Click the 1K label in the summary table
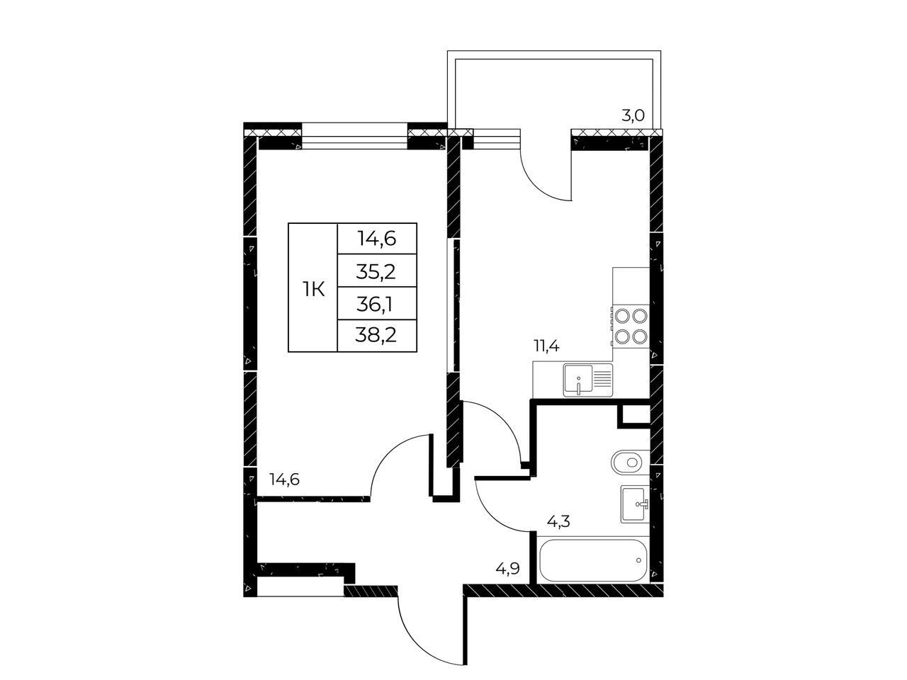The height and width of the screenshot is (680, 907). click(314, 289)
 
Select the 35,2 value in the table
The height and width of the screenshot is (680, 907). click(376, 272)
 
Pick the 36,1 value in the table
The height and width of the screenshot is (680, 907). click(375, 305)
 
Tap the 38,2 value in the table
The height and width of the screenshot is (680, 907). click(376, 336)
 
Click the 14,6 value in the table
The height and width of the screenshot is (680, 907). click(377, 239)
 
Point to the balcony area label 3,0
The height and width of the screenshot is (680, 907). click(633, 115)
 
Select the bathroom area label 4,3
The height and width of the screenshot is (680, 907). click(558, 522)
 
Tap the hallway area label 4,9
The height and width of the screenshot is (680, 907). click(507, 569)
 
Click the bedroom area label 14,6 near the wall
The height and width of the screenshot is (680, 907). click(284, 480)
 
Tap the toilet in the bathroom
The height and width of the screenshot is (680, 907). click(630, 462)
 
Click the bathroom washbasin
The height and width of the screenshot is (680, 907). click(635, 504)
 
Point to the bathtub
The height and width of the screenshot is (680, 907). click(593, 560)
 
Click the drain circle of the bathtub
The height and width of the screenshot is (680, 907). click(639, 560)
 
